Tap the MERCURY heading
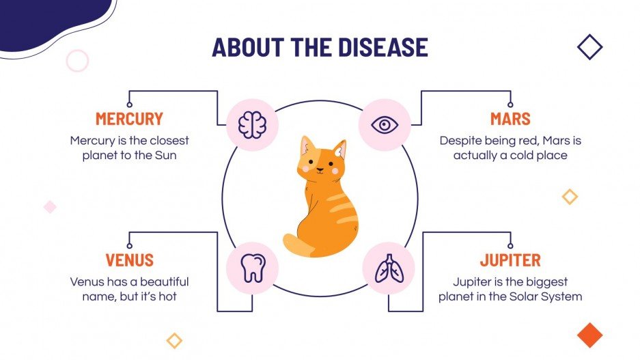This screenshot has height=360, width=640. point(129,119)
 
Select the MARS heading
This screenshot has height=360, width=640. point(510,119)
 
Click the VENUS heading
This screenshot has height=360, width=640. point(129,260)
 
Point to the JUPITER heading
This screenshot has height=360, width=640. point(510,260)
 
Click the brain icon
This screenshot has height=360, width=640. point(251,125)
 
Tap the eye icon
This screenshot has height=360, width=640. point(385,125)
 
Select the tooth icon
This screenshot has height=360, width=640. point(253,267)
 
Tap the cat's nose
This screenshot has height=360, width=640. point(319,167)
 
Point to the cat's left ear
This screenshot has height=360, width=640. point(307,146)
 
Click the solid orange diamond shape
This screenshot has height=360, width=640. point(589,334)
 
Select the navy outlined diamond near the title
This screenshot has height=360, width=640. point(589,47)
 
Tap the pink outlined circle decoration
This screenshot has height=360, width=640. point(77,61)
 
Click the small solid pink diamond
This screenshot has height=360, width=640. point(50,206)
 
